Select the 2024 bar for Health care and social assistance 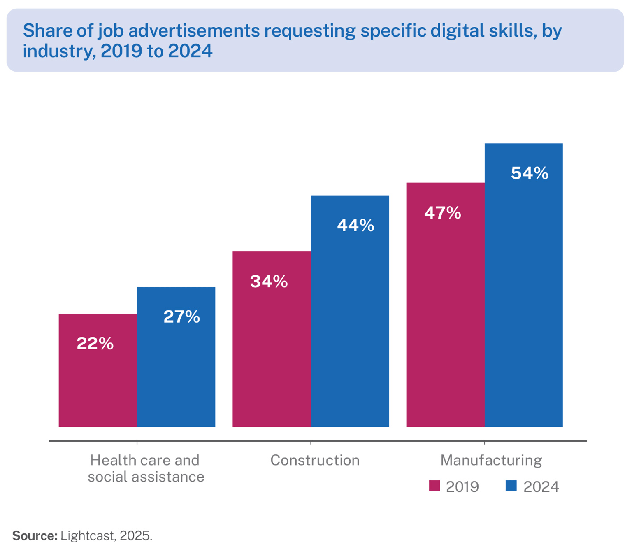coord(176,370)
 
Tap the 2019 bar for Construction coord(271,350)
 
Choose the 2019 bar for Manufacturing coord(445,313)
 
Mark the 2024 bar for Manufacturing coord(523,296)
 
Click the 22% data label coord(95,344)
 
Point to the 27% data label coord(181,317)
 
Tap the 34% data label coord(269,282)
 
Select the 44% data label coord(355,226)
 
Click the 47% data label coord(443,213)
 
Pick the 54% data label coord(530,173)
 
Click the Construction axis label coord(315,460)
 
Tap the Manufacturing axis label coord(491,460)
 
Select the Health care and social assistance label coord(146,468)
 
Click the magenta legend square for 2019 coord(434,486)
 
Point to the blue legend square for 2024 coord(511,486)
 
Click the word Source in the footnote coord(35,536)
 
